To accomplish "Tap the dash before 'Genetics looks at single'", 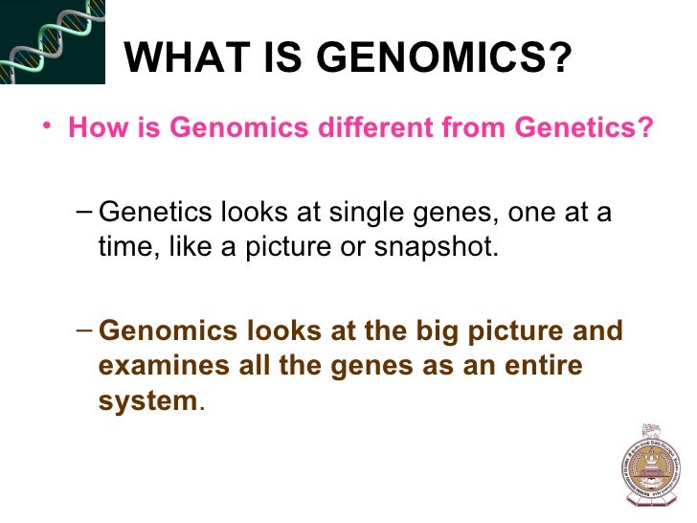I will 82,211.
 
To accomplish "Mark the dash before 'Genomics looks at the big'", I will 82,331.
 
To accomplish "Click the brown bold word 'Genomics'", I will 158,332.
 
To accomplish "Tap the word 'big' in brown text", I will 434,332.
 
